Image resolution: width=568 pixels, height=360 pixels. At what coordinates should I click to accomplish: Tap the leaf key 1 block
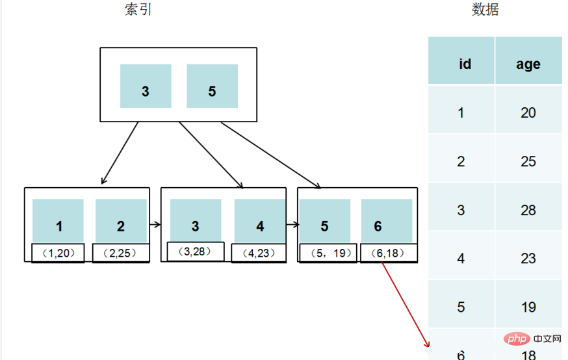click(58, 222)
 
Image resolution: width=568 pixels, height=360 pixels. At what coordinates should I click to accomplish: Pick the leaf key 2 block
click(121, 222)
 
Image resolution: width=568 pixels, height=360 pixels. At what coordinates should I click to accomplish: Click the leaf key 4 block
click(259, 222)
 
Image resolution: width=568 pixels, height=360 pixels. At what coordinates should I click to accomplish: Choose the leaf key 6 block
click(386, 222)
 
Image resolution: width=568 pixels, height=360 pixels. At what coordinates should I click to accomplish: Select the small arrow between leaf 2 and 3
click(155, 225)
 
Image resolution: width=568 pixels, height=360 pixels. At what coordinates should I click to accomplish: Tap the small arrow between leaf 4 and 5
click(292, 225)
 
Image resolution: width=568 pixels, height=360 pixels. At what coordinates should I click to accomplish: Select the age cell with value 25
click(528, 161)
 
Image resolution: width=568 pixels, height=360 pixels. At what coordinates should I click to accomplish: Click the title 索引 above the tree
click(138, 10)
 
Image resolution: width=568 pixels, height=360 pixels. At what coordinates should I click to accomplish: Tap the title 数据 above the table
click(485, 10)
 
